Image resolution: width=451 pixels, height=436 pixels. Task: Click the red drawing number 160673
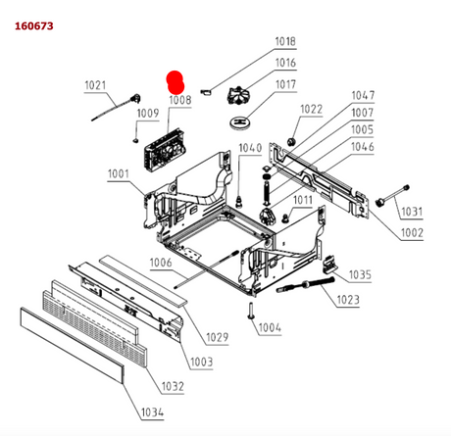tap(34, 25)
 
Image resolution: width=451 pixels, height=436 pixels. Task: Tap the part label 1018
tap(285, 41)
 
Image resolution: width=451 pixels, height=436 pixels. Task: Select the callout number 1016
tap(285, 63)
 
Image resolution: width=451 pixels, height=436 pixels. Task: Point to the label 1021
tap(95, 85)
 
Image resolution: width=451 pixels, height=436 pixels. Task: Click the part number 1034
tap(152, 412)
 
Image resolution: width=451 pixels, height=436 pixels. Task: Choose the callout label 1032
tap(173, 386)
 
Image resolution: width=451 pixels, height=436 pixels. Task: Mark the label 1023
tap(348, 300)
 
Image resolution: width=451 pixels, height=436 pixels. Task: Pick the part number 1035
tap(360, 274)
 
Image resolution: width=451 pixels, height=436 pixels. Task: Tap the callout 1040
tap(250, 148)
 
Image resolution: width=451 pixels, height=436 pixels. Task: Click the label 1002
tap(412, 233)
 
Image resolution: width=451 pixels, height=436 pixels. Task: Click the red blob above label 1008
tap(175, 82)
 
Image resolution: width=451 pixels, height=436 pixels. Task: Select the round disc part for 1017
tap(240, 122)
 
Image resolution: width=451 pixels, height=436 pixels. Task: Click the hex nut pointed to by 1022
tap(290, 141)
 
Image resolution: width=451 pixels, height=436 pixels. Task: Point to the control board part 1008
tap(165, 149)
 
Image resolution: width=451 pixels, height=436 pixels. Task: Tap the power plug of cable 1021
tap(135, 98)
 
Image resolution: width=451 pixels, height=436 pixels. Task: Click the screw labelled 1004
tap(251, 311)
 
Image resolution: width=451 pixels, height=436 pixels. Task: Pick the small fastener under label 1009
tap(135, 140)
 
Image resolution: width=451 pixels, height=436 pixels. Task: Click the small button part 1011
tap(285, 218)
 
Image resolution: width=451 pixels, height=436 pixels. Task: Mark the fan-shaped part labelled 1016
tap(238, 96)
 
